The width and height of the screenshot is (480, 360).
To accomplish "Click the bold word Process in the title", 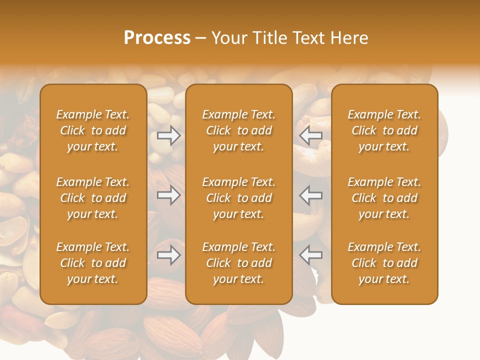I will point(157,38).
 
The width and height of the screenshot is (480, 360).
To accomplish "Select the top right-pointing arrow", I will point(168,135).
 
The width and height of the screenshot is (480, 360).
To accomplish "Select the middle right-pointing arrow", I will point(168,195).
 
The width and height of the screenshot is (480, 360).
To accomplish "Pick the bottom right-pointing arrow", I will point(168,255).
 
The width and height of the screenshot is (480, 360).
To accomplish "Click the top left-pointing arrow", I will point(311,135).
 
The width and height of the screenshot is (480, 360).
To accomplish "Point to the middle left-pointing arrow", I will point(311,195).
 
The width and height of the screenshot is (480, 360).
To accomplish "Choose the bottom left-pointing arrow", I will point(311,255).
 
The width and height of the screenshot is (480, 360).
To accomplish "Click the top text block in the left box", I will point(93,130).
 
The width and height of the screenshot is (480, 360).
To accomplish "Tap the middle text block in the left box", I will point(93,198).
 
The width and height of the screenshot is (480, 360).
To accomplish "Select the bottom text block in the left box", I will point(93,263).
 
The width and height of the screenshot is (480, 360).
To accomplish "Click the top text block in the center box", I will point(238,130).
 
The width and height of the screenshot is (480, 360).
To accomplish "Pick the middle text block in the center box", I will point(238,198).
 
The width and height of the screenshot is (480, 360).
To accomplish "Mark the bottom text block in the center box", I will point(238,263).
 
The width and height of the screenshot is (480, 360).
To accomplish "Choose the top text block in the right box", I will point(384,130).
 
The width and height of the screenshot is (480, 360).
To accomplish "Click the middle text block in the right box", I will point(384,198).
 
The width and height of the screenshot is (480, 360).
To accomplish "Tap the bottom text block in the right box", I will point(384,263).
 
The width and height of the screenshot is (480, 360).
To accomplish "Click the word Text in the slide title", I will point(306,38).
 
